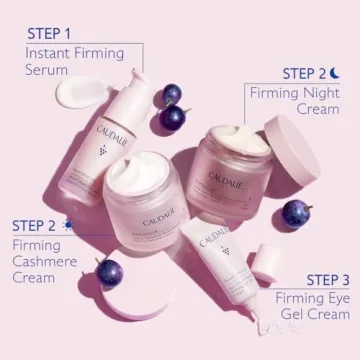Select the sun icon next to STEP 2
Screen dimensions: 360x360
[66, 224]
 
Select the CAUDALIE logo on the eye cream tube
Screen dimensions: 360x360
[213, 240]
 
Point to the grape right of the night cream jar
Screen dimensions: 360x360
[294, 212]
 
